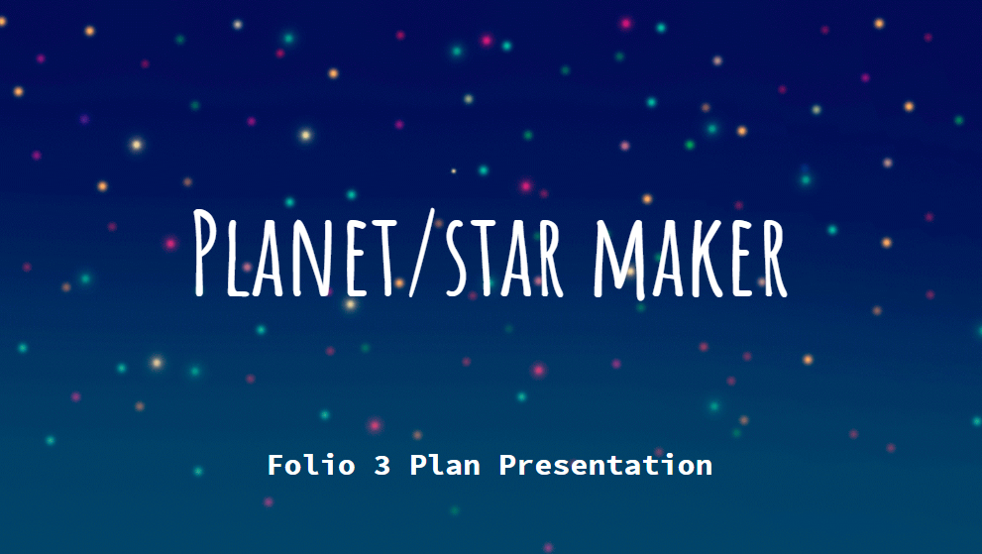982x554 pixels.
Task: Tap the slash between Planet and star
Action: [x=422, y=253]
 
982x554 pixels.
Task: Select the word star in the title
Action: [x=504, y=257]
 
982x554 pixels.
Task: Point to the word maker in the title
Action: [x=690, y=258]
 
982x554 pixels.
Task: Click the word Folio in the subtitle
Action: [x=311, y=465]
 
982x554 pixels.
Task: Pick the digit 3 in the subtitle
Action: [x=382, y=466]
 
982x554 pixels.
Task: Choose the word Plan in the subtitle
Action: [x=445, y=465]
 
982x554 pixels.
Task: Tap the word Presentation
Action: [x=605, y=465]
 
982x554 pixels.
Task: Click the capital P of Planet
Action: [x=205, y=253]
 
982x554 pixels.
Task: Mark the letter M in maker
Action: [x=618, y=259]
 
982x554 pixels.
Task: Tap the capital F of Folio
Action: [x=275, y=465]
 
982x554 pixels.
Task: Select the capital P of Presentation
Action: [x=507, y=465]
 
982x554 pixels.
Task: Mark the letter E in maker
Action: [x=741, y=258]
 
